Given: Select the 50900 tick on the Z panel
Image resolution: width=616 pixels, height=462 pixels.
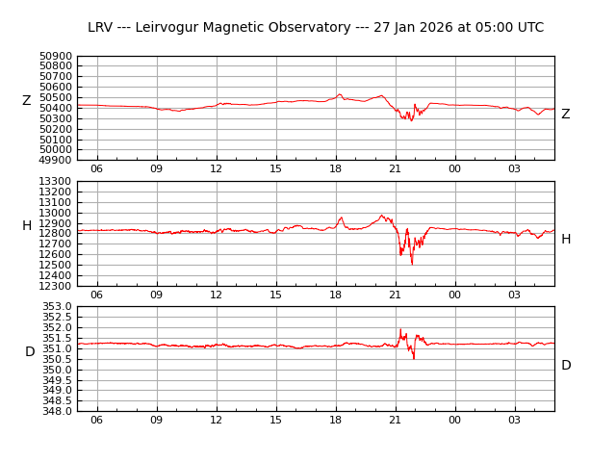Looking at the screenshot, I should tap(56, 57).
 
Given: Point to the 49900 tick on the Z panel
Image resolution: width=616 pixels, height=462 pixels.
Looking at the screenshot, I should tap(56, 161).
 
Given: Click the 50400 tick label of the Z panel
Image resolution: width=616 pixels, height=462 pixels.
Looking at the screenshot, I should tap(56, 109).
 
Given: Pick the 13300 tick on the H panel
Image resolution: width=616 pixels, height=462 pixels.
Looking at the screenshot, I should tap(56, 182).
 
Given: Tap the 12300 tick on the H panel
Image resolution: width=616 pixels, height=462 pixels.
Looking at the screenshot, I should tap(56, 286).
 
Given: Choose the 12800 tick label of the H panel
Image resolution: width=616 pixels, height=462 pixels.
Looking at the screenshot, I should tap(56, 234).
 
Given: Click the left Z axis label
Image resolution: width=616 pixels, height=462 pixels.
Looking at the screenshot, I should tap(27, 101).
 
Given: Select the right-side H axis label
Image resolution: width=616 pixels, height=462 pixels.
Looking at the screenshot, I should tap(566, 240).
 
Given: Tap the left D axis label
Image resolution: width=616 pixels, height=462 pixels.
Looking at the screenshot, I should tap(30, 352).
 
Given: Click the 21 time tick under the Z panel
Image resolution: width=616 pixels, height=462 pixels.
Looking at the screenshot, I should tap(395, 169).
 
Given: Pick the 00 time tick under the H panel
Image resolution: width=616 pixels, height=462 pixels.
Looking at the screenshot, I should tap(454, 295).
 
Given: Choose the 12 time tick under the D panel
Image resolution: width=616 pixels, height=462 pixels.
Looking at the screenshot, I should tap(217, 420).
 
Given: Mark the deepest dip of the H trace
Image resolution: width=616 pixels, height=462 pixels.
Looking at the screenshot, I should tap(412, 264).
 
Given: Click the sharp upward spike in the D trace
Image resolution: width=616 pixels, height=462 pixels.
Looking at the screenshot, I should tap(400, 329).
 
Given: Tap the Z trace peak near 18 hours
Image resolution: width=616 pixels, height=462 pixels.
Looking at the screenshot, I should tap(339, 94).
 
